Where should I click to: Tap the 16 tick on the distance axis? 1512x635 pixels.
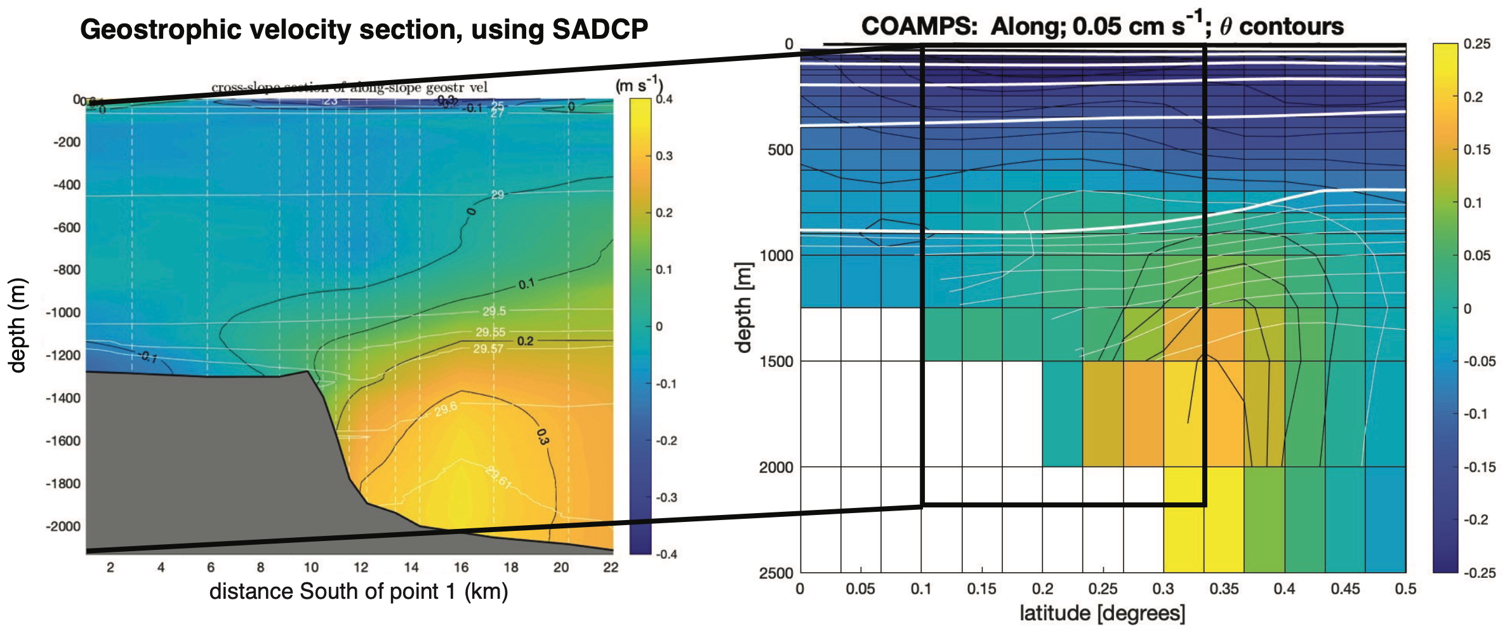461,567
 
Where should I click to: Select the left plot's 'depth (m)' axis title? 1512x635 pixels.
17,325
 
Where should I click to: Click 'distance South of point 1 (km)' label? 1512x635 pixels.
359,591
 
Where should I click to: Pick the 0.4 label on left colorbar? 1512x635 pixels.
664,99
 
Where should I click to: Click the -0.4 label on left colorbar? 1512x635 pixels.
666,554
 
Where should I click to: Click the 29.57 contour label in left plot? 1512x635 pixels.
487,349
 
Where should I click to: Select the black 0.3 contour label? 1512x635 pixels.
542,436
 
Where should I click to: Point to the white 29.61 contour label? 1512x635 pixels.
498,477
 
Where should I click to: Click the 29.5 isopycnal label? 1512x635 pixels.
494,311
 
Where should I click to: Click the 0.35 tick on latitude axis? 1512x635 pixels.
1223,589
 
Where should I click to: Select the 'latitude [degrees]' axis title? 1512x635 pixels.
1102,613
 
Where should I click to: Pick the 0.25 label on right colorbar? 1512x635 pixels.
1476,44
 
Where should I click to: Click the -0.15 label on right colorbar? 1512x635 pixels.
1478,467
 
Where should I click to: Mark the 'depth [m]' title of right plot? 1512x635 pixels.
743,307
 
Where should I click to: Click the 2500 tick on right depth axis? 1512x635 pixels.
776,573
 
